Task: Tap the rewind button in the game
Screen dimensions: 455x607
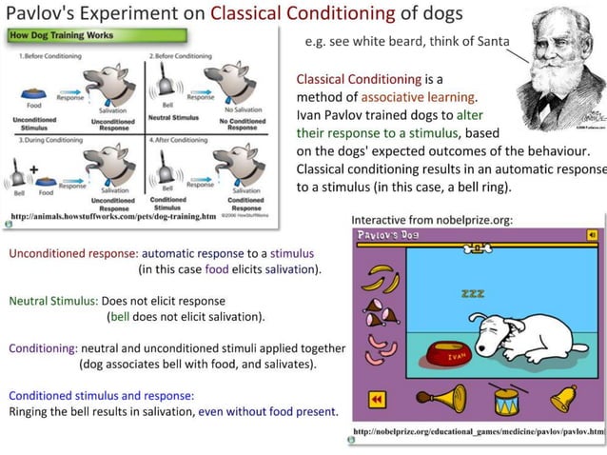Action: (x=377, y=400)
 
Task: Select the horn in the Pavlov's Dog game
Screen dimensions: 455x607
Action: (x=440, y=398)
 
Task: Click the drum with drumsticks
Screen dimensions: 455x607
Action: (x=503, y=399)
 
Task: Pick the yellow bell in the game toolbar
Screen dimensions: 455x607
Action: (x=564, y=397)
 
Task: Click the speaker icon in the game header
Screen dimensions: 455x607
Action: (x=592, y=234)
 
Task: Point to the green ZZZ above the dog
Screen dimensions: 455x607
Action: (x=472, y=294)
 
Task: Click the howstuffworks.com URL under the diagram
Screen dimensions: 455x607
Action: (x=115, y=218)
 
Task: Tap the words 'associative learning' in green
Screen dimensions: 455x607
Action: (x=425, y=97)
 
